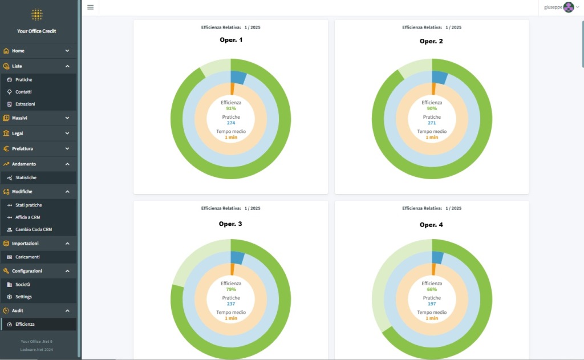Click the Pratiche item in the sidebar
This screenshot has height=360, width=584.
tap(23, 80)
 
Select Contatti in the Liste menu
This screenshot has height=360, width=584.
tap(23, 92)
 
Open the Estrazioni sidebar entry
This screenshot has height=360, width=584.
tap(25, 104)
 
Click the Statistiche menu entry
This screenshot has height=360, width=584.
tap(26, 178)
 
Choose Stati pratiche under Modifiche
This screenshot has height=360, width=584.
tap(29, 205)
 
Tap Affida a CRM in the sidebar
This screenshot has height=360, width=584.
tap(27, 217)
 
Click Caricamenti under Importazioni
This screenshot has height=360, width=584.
tap(27, 257)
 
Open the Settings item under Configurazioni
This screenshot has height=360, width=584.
tap(23, 297)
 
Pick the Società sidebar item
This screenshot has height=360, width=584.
tap(23, 285)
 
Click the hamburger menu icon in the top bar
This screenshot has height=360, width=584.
tap(90, 7)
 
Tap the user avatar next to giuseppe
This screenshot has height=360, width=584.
tap(568, 7)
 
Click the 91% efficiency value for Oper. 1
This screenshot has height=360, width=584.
tap(231, 108)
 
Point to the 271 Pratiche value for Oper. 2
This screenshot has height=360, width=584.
tap(432, 123)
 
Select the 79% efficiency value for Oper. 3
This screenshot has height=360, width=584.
tap(231, 289)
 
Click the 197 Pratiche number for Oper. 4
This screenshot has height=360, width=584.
tap(432, 304)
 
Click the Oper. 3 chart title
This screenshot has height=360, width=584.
tap(230, 224)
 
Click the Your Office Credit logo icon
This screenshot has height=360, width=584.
tap(36, 15)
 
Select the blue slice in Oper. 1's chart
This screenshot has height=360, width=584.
tap(238, 78)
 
